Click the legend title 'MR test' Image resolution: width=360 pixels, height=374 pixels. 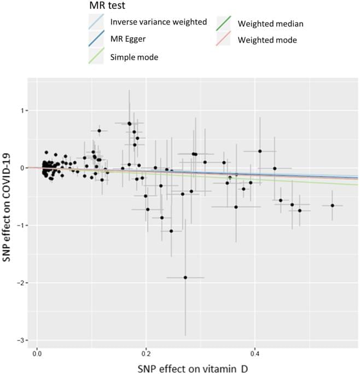(x=108, y=8)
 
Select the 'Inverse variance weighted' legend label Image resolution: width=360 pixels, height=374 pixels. (x=158, y=22)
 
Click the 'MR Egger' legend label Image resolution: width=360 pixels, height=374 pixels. (x=127, y=39)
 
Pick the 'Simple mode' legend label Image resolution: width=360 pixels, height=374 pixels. (x=134, y=56)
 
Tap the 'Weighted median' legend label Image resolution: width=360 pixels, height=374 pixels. (x=270, y=24)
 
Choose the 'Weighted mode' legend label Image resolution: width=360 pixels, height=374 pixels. (x=267, y=40)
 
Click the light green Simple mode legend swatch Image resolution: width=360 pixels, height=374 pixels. (x=96, y=56)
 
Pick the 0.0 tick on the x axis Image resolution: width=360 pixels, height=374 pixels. (x=37, y=353)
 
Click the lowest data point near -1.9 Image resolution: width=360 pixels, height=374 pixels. (x=185, y=277)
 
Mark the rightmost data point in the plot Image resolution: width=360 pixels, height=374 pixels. (x=332, y=206)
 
